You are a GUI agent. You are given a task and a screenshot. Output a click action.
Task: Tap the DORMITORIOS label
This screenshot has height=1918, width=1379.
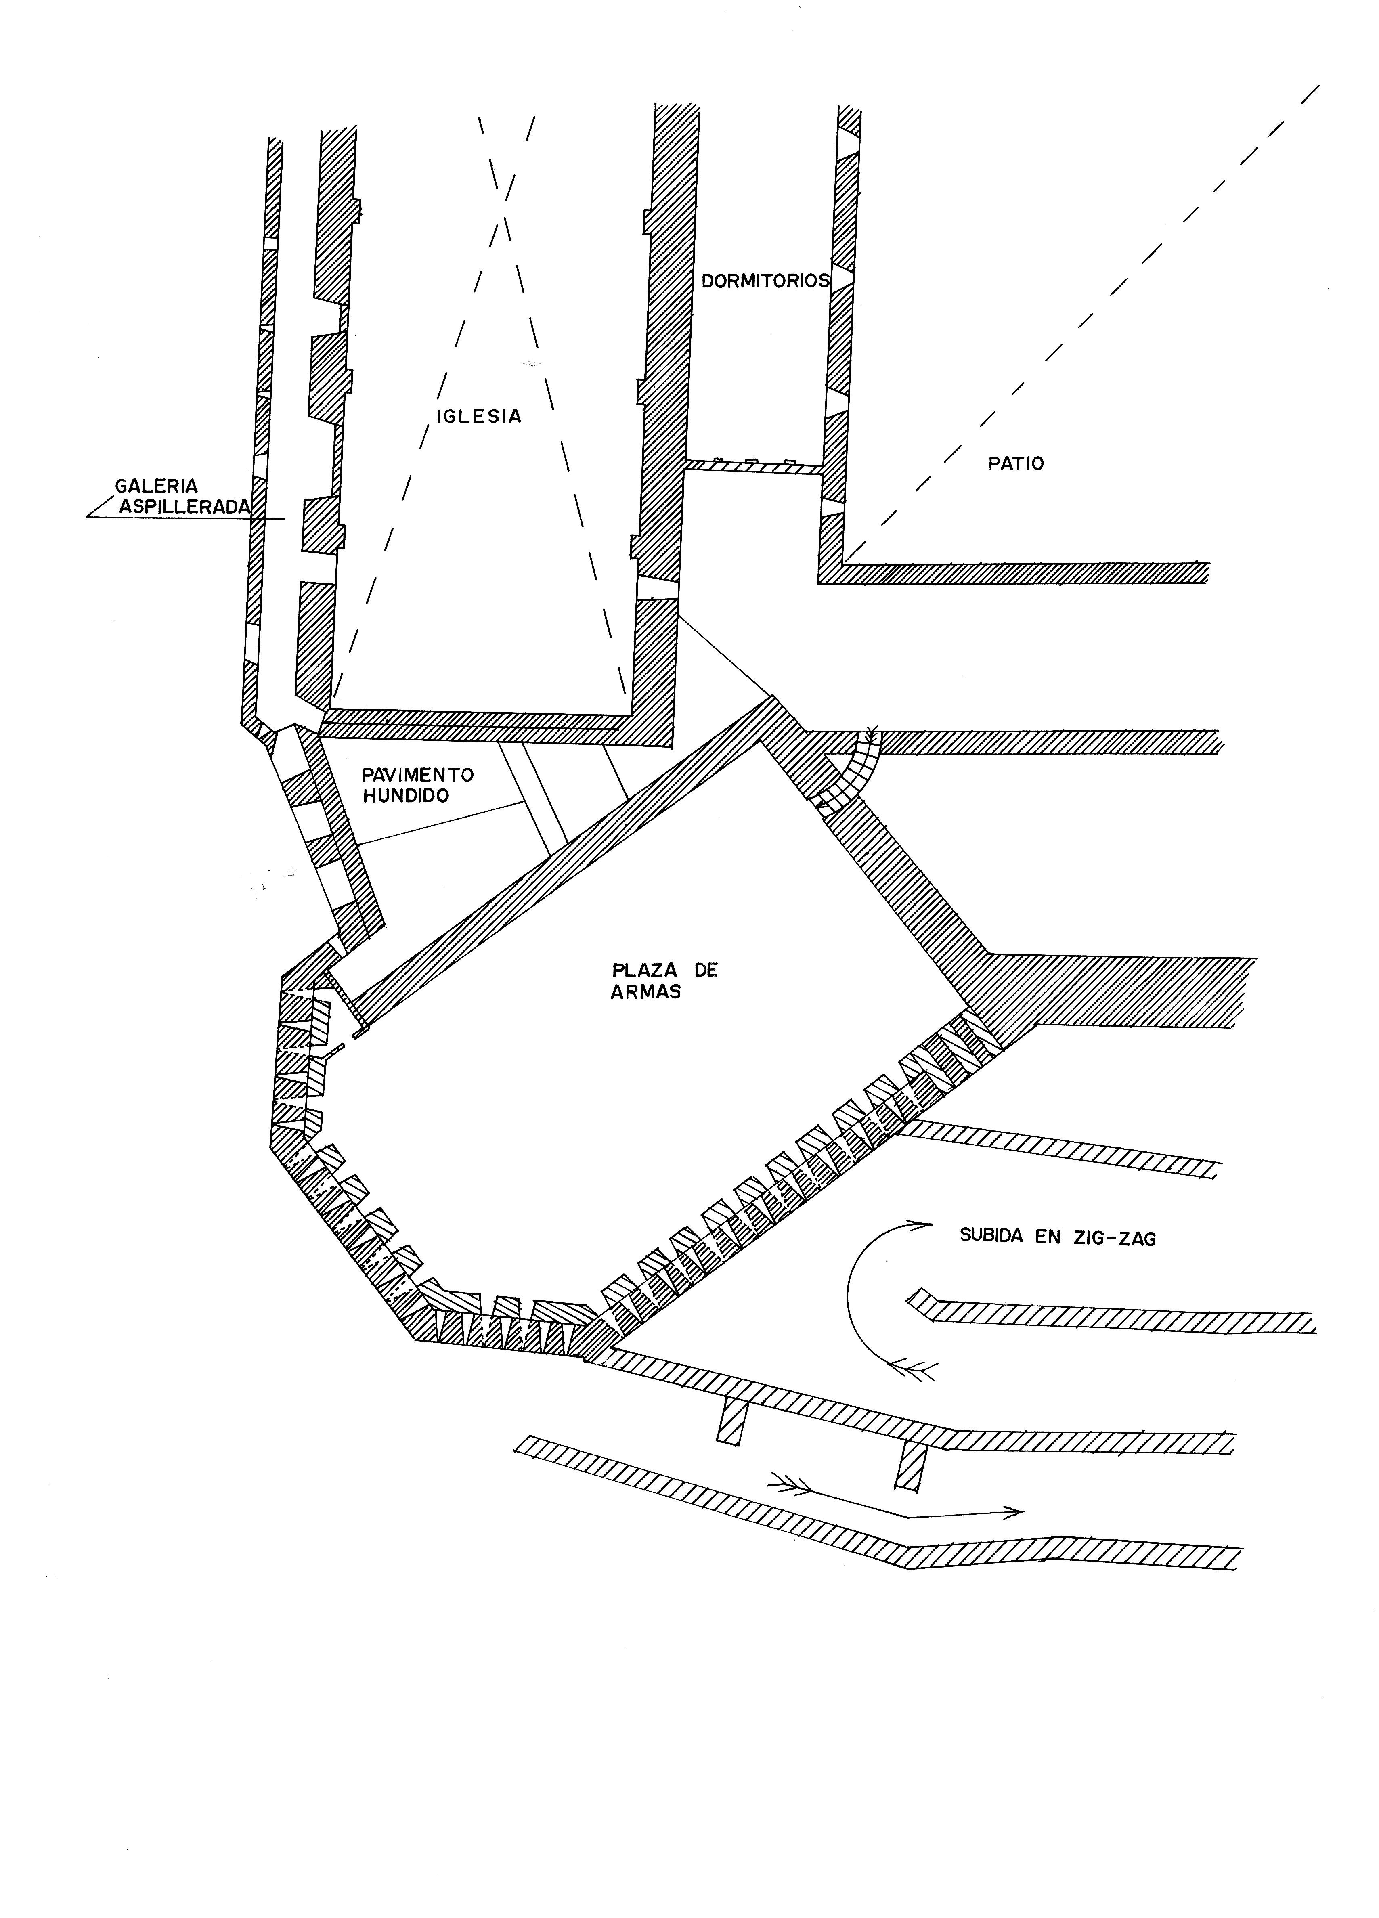(x=765, y=281)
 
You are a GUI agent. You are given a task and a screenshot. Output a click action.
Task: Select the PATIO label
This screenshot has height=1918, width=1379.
(x=1015, y=463)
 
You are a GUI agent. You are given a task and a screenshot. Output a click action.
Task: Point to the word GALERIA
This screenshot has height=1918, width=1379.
(x=156, y=486)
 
